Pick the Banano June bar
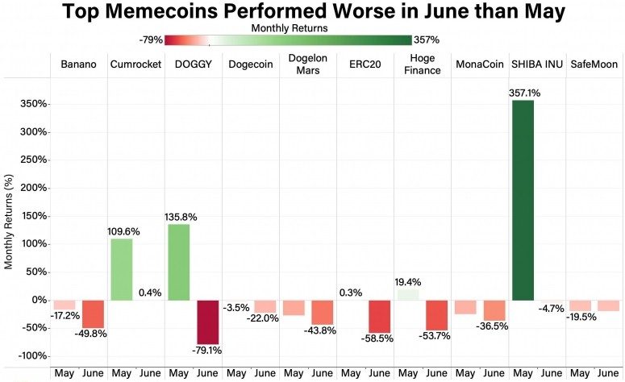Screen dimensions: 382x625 click(94, 313)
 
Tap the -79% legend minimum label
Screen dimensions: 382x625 click(152, 39)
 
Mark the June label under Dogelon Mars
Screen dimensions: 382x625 click(323, 373)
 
